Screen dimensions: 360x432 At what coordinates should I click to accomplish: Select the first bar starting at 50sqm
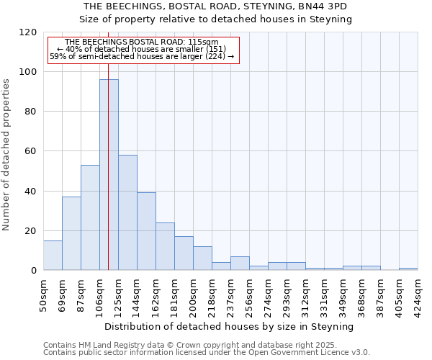click(x=53, y=256)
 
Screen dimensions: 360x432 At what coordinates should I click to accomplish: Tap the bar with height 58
click(x=127, y=212)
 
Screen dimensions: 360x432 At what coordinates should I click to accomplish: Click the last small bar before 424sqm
click(x=408, y=269)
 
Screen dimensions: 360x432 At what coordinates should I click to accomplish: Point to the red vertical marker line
click(x=108, y=144)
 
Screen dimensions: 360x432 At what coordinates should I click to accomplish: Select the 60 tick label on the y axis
click(x=30, y=151)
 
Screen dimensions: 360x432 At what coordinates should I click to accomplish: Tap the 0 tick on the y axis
click(x=33, y=271)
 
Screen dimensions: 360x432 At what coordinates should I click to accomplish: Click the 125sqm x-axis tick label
click(x=118, y=294)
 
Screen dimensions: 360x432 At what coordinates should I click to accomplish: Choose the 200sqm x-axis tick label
click(x=193, y=294)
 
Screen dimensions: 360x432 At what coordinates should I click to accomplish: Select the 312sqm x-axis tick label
click(x=305, y=294)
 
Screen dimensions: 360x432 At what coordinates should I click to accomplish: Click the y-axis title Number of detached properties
click(x=7, y=155)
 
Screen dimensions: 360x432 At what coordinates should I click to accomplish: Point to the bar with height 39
click(x=146, y=231)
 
